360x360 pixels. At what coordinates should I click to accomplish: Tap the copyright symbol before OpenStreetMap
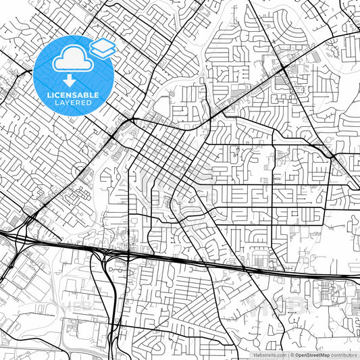pyautogui.click(x=292, y=354)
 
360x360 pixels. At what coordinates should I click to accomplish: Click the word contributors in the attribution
pyautogui.click(x=344, y=354)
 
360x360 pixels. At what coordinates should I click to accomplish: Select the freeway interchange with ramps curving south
pyautogui.click(x=108, y=255)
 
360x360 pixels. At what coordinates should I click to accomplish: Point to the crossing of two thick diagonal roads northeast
pyautogui.click(x=279, y=70)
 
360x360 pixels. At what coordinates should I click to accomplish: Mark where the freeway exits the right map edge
pyautogui.click(x=358, y=278)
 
